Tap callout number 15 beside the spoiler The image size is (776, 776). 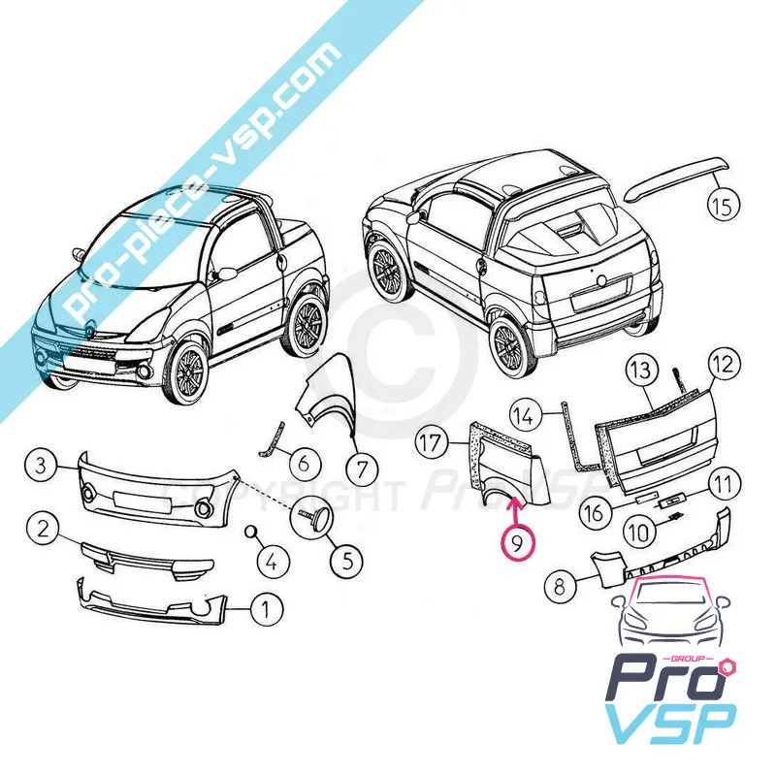tap(723, 206)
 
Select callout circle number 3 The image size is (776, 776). tap(42, 466)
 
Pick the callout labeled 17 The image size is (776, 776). tap(431, 442)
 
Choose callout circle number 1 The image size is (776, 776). tap(266, 608)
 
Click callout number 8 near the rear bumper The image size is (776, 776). tap(561, 587)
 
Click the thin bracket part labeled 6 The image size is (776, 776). tap(272, 440)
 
